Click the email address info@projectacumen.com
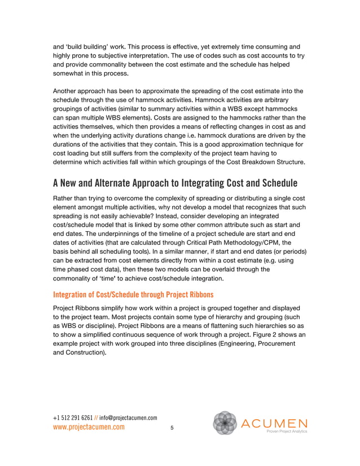tap(129, 417)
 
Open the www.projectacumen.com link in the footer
tap(89, 428)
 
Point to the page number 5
tap(172, 429)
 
